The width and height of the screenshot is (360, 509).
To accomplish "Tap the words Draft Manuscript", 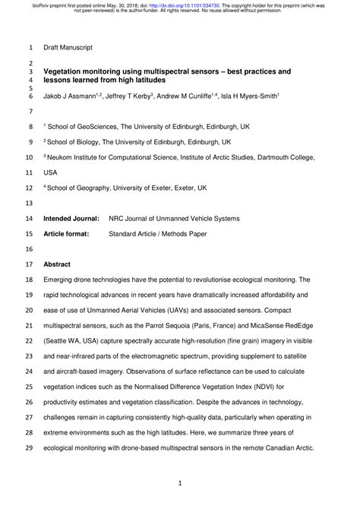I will [x=68, y=47].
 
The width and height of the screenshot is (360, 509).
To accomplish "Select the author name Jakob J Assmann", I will [x=71, y=97].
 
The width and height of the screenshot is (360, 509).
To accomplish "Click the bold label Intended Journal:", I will [x=71, y=218].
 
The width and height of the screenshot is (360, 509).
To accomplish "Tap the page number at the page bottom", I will [x=179, y=482].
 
